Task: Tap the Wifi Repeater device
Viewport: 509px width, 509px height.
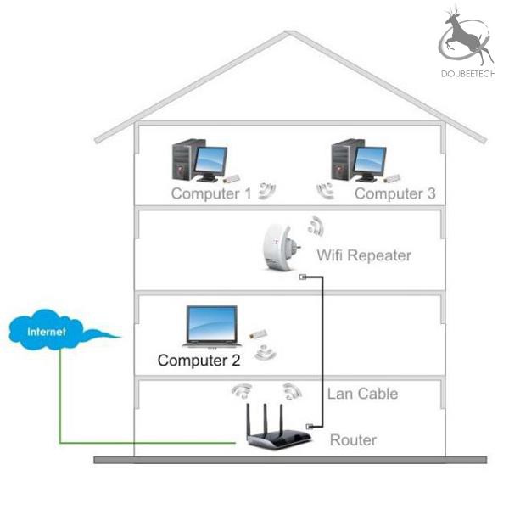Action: point(280,247)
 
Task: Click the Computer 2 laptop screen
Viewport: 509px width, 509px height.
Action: point(211,322)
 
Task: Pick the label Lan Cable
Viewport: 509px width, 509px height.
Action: point(362,394)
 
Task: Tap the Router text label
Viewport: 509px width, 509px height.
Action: point(353,440)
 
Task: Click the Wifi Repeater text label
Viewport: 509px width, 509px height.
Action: point(364,255)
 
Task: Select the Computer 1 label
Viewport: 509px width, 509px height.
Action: point(211,193)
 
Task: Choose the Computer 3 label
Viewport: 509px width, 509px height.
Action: point(395,193)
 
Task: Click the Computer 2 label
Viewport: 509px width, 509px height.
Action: point(199,361)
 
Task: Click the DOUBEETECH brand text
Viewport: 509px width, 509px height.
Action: point(468,74)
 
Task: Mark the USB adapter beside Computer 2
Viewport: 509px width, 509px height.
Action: point(259,333)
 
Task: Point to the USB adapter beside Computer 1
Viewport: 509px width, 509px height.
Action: point(231,178)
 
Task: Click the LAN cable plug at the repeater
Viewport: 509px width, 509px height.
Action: point(303,277)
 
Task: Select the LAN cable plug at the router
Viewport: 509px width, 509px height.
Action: point(310,427)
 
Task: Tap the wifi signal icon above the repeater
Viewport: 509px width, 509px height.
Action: point(316,227)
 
